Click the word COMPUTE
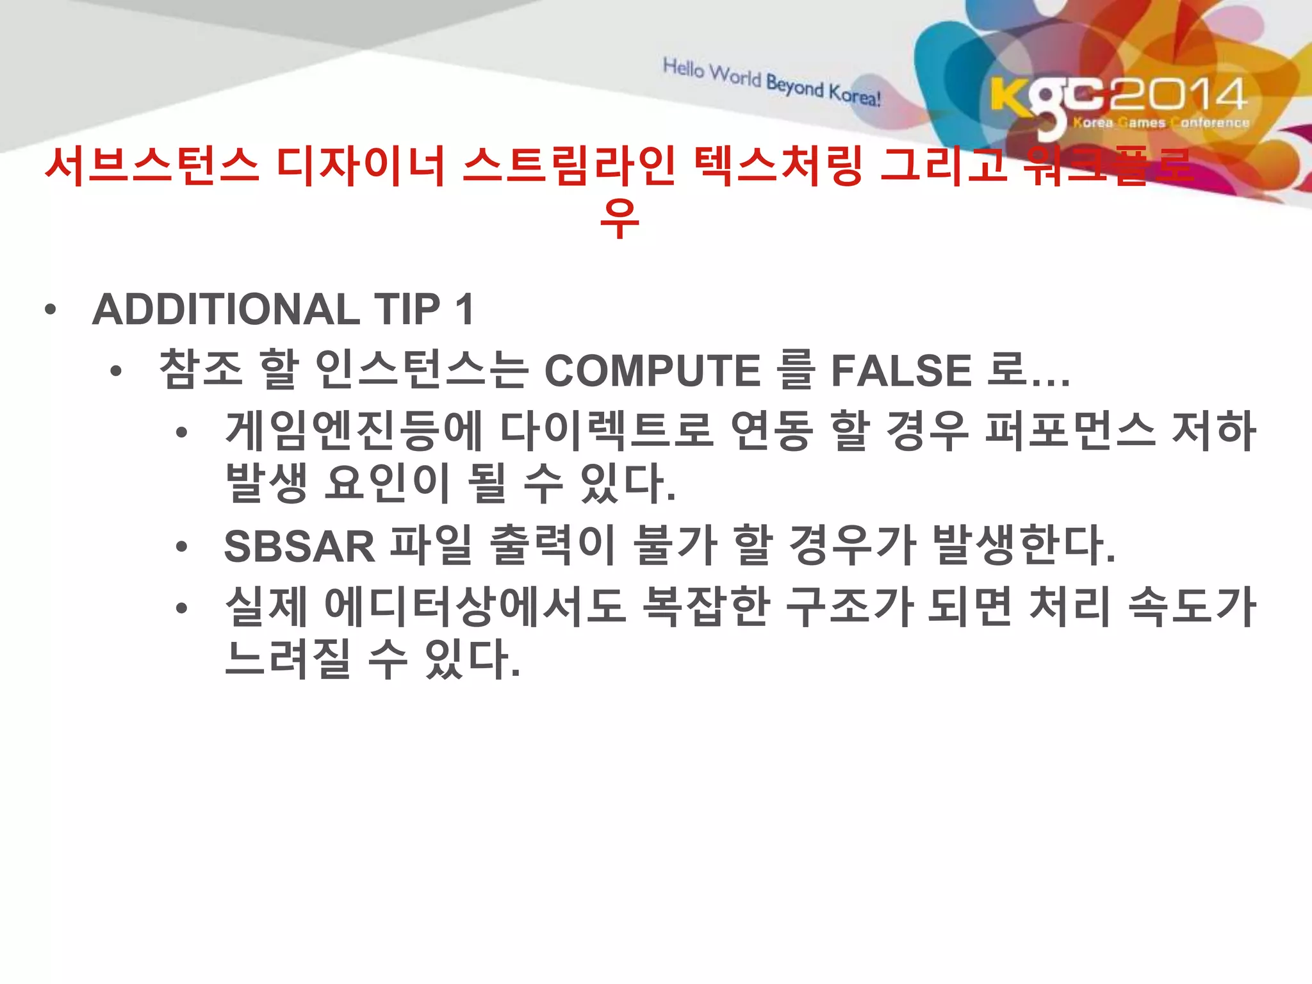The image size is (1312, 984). tap(652, 371)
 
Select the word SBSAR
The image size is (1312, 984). tap(299, 546)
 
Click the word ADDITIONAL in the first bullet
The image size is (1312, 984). tap(226, 309)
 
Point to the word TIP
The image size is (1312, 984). tap(407, 309)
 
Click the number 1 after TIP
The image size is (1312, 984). tap(464, 309)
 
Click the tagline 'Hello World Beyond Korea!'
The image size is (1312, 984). tap(772, 82)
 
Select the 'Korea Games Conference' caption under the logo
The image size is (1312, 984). tap(1161, 122)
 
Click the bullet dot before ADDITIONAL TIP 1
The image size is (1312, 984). tap(51, 311)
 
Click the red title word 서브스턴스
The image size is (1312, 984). tap(152, 167)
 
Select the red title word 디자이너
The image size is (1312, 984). tap(361, 167)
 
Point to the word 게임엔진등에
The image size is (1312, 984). tap(354, 430)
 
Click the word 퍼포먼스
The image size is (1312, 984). tap(1070, 430)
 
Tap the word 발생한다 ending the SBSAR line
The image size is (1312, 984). tap(1023, 546)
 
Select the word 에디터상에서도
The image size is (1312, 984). tap(475, 606)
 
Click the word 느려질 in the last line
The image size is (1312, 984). tap(288, 659)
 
